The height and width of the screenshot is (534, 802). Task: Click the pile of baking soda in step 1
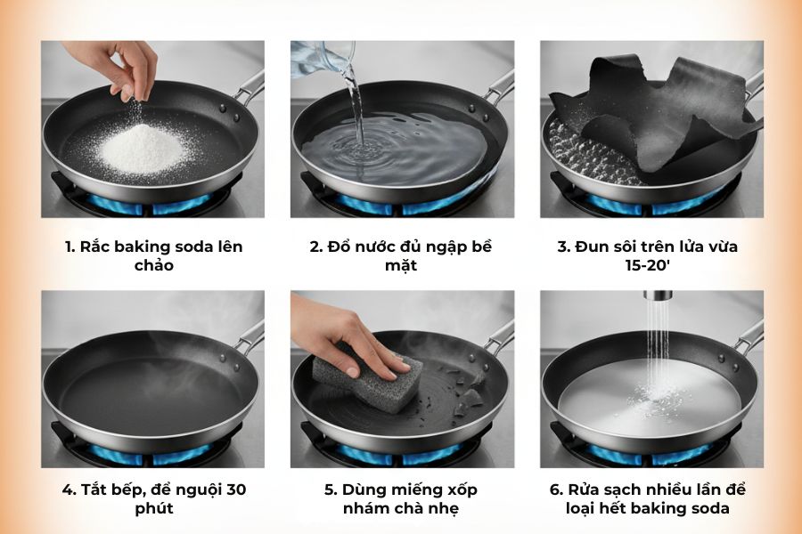[x=143, y=150]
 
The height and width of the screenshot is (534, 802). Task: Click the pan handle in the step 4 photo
[x=249, y=337]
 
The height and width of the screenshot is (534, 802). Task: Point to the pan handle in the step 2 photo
[x=499, y=87]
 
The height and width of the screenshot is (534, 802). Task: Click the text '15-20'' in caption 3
[x=651, y=265]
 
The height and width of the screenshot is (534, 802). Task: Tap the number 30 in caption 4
[x=235, y=489]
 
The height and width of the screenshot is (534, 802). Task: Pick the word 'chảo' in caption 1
[x=152, y=265]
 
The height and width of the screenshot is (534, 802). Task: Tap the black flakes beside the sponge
[x=468, y=400]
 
